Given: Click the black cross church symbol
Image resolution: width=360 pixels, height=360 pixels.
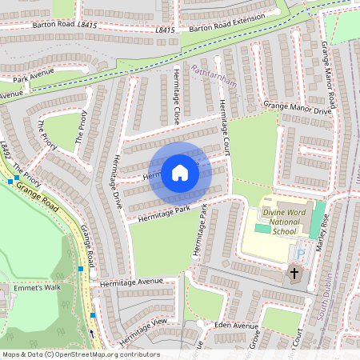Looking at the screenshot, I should [294, 274].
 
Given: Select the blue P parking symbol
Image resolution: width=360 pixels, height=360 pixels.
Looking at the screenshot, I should [301, 254].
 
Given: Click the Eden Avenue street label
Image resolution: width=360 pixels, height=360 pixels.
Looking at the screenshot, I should [236, 326].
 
